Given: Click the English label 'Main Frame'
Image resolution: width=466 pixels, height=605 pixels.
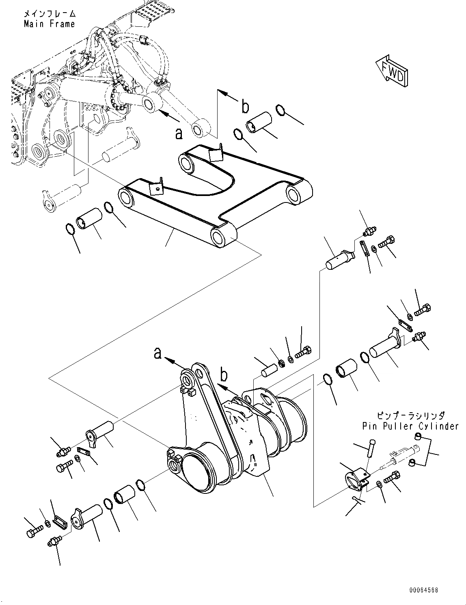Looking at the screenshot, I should (x=49, y=24).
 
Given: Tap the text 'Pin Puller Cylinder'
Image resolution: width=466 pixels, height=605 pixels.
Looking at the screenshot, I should (x=410, y=426).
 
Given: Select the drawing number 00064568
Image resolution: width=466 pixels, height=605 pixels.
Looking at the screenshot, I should (x=423, y=590).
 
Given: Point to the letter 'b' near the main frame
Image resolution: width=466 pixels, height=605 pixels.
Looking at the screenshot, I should (x=245, y=107).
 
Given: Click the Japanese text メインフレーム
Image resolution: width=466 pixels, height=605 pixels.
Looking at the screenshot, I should (x=50, y=14).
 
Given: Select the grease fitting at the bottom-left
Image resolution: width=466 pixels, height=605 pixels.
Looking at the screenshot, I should (x=54, y=542).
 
